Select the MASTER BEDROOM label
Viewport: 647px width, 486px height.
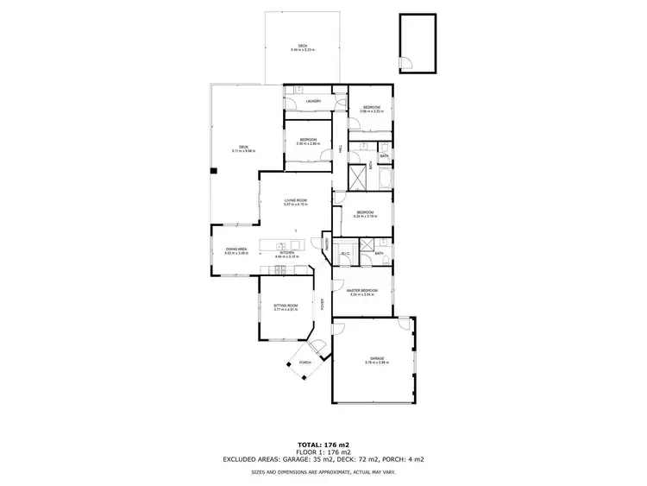pyautogui.click(x=363, y=290)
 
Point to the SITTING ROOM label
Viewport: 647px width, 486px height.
pyautogui.click(x=286, y=305)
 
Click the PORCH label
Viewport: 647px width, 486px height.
pyautogui.click(x=305, y=363)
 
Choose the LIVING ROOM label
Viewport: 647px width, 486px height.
pyautogui.click(x=296, y=200)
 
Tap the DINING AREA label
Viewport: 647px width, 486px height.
pyautogui.click(x=236, y=249)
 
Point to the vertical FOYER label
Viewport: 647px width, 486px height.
pyautogui.click(x=323, y=304)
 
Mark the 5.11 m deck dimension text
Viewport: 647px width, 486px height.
pyautogui.click(x=243, y=151)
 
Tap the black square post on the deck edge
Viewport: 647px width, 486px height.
pyautogui.click(x=213, y=171)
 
